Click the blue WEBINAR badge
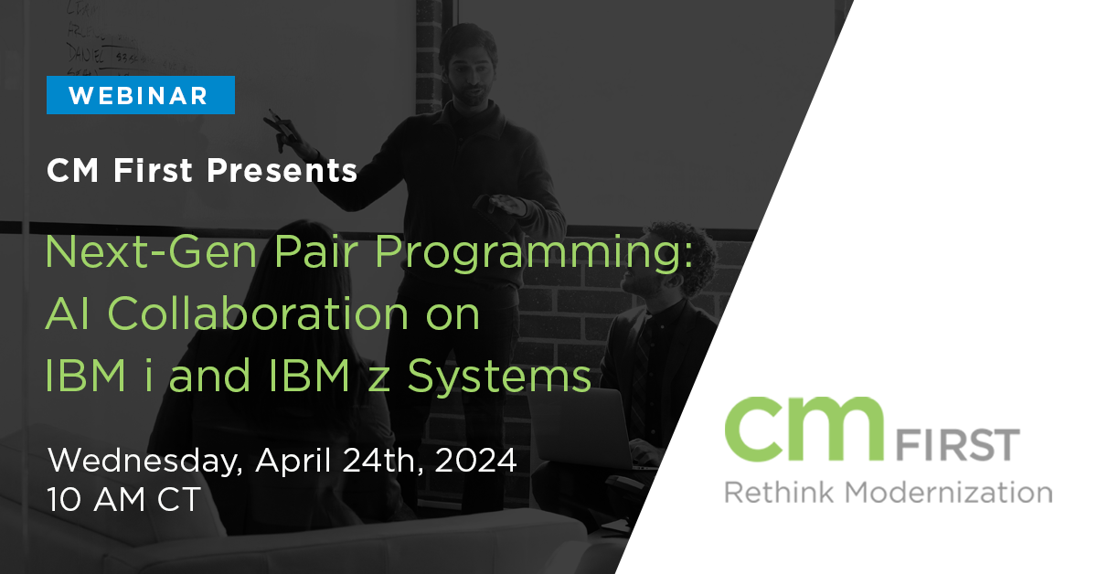click(x=141, y=95)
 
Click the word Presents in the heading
click(x=282, y=170)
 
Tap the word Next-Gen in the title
click(x=151, y=251)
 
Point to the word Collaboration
click(x=258, y=314)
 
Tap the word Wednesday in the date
click(x=145, y=461)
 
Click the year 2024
click(x=475, y=461)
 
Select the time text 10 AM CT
click(x=124, y=500)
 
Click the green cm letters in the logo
click(x=804, y=429)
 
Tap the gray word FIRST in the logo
click(x=958, y=445)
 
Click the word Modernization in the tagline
click(x=949, y=493)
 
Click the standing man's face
click(x=469, y=73)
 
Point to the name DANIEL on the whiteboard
click(x=86, y=53)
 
